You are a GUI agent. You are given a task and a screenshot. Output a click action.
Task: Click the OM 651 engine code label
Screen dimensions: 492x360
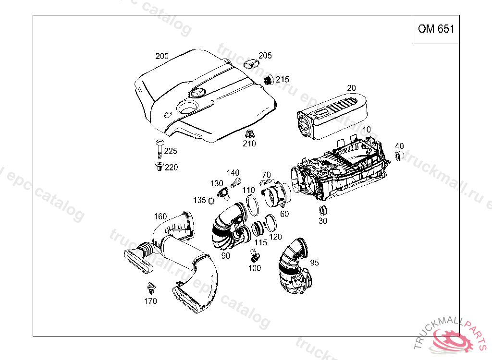pos(435,29)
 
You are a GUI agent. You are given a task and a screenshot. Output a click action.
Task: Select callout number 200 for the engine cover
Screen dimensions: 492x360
pos(162,56)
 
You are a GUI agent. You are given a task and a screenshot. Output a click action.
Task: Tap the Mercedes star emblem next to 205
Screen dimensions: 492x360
pos(251,64)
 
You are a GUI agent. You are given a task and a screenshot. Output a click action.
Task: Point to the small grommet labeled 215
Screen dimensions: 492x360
pos(269,80)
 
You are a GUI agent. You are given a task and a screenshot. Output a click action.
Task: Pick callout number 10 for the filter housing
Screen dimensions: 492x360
pos(367,130)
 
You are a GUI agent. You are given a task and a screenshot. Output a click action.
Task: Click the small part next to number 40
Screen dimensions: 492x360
pos(398,156)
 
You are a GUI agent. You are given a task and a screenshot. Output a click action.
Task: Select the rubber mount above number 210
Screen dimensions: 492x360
pos(249,133)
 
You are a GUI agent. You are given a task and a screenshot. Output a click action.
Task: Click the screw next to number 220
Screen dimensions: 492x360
pos(159,167)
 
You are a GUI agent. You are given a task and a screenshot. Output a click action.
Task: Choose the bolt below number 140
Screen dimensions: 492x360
pos(236,182)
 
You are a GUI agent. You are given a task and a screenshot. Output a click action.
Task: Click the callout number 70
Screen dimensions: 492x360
pos(266,175)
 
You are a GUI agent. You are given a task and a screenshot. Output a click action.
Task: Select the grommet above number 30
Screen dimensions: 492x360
pos(322,210)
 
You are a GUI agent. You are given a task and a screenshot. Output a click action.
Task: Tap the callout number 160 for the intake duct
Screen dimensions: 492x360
pos(160,216)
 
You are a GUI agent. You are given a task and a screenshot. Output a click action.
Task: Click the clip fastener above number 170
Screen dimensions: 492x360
pos(151,288)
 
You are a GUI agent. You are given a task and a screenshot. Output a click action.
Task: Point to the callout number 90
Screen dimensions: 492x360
pos(225,256)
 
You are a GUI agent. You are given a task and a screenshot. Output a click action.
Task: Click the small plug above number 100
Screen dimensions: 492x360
pos(255,254)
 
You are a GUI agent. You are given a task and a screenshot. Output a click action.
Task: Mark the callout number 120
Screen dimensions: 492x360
pos(275,237)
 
